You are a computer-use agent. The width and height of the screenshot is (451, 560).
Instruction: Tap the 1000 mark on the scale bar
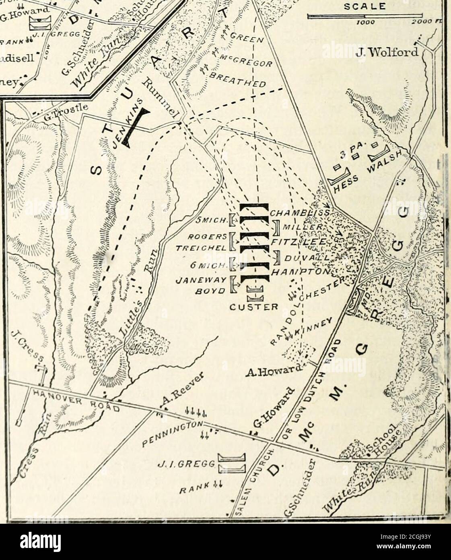368,23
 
